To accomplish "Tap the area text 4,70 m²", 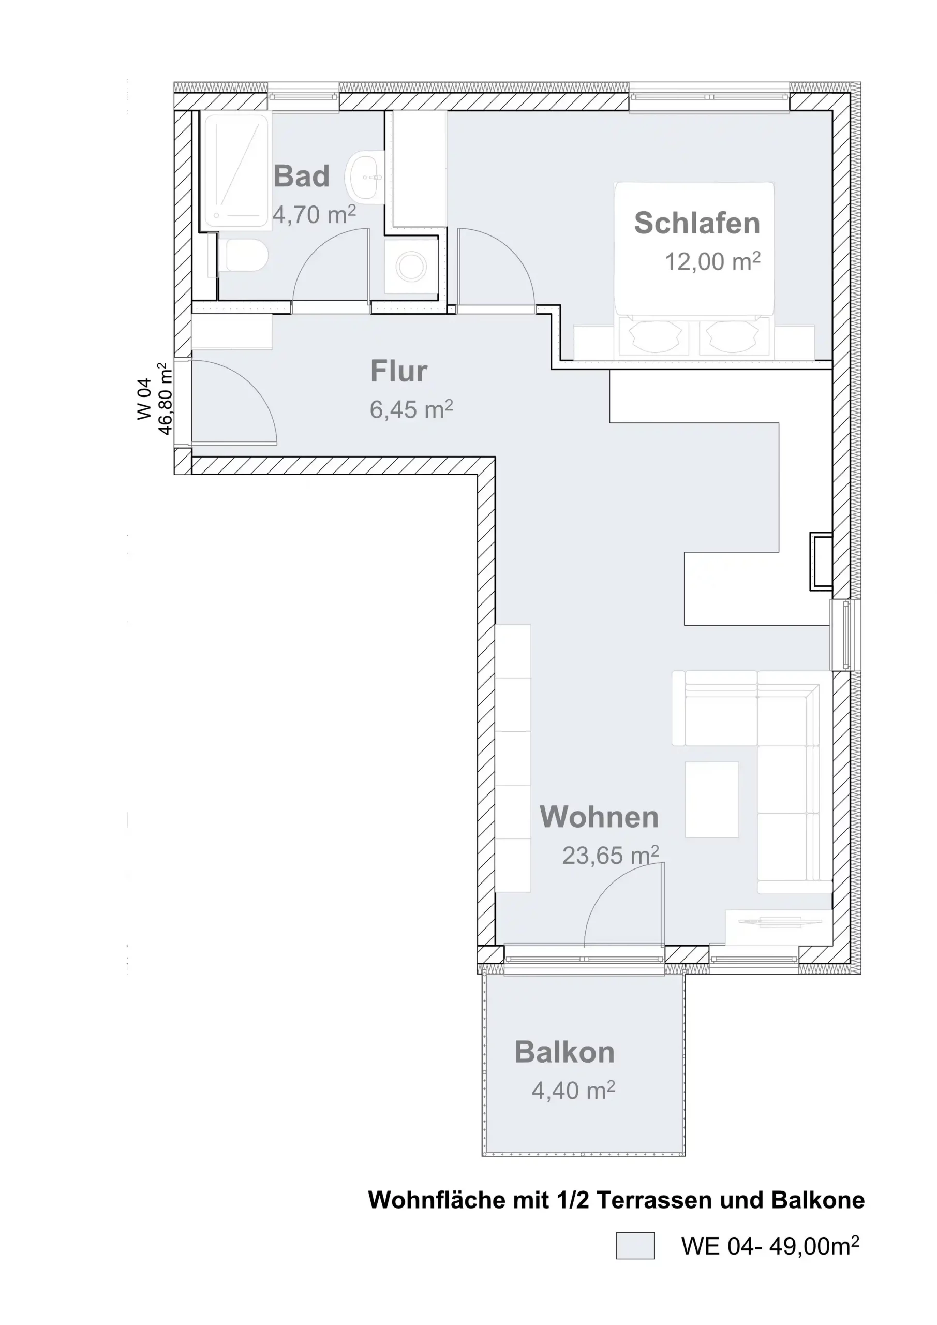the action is pos(315,215).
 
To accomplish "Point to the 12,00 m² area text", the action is pos(712,261).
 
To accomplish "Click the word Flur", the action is pos(399,371).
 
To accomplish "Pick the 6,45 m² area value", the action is pos(411,410).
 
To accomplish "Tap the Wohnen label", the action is pos(599,817).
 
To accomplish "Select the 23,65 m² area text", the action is pos(611,855).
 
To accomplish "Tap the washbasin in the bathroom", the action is pos(365,178).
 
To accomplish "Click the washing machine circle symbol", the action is pos(411,266).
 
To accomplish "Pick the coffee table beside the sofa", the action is pos(711,799).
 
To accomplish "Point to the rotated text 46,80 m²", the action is pos(165,399).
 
